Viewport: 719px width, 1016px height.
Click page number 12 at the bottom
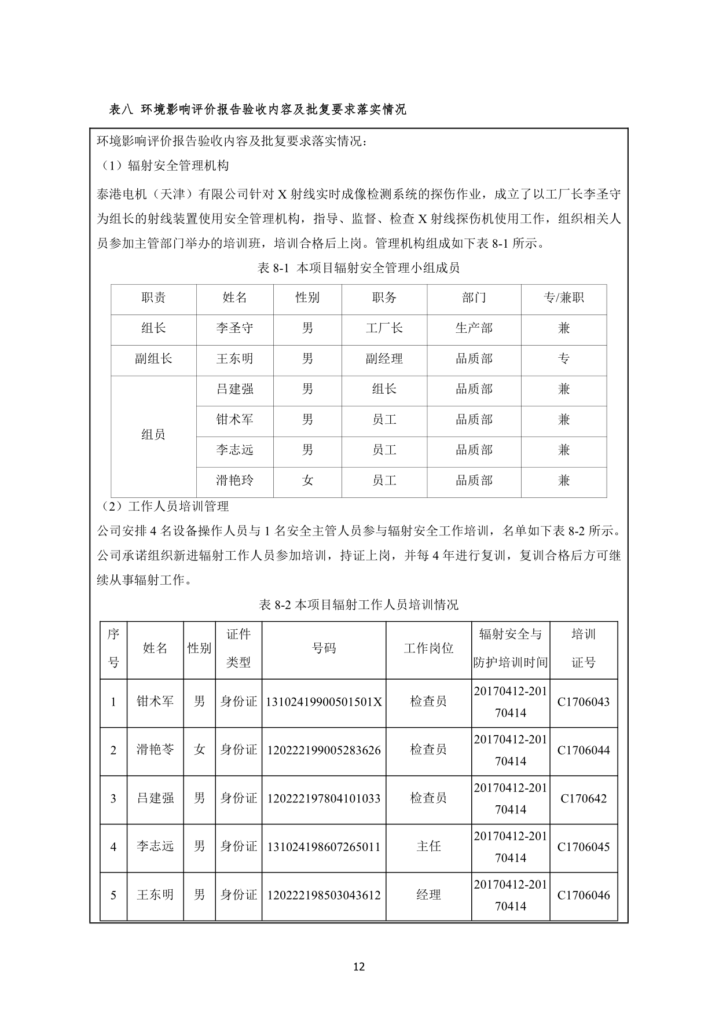(359, 966)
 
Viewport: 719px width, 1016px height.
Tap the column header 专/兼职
(563, 298)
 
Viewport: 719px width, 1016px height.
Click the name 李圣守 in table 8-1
(234, 328)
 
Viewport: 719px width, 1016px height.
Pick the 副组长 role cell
(153, 359)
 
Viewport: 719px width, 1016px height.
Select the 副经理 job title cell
(384, 359)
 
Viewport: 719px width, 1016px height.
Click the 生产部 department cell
(474, 328)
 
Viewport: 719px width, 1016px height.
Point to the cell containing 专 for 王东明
(563, 359)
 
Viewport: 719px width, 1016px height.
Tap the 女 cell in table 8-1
(307, 481)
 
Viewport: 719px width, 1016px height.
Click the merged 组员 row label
(153, 435)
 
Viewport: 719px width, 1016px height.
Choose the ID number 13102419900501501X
(324, 702)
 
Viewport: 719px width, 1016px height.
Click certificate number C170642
(584, 799)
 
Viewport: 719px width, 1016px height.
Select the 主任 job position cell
(428, 847)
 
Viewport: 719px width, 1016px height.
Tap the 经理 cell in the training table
(428, 895)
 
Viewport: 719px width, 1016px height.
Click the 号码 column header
(324, 649)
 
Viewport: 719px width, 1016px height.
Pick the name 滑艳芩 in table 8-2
(155, 750)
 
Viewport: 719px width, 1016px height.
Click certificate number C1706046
(584, 895)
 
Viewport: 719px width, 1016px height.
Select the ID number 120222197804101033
(324, 799)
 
